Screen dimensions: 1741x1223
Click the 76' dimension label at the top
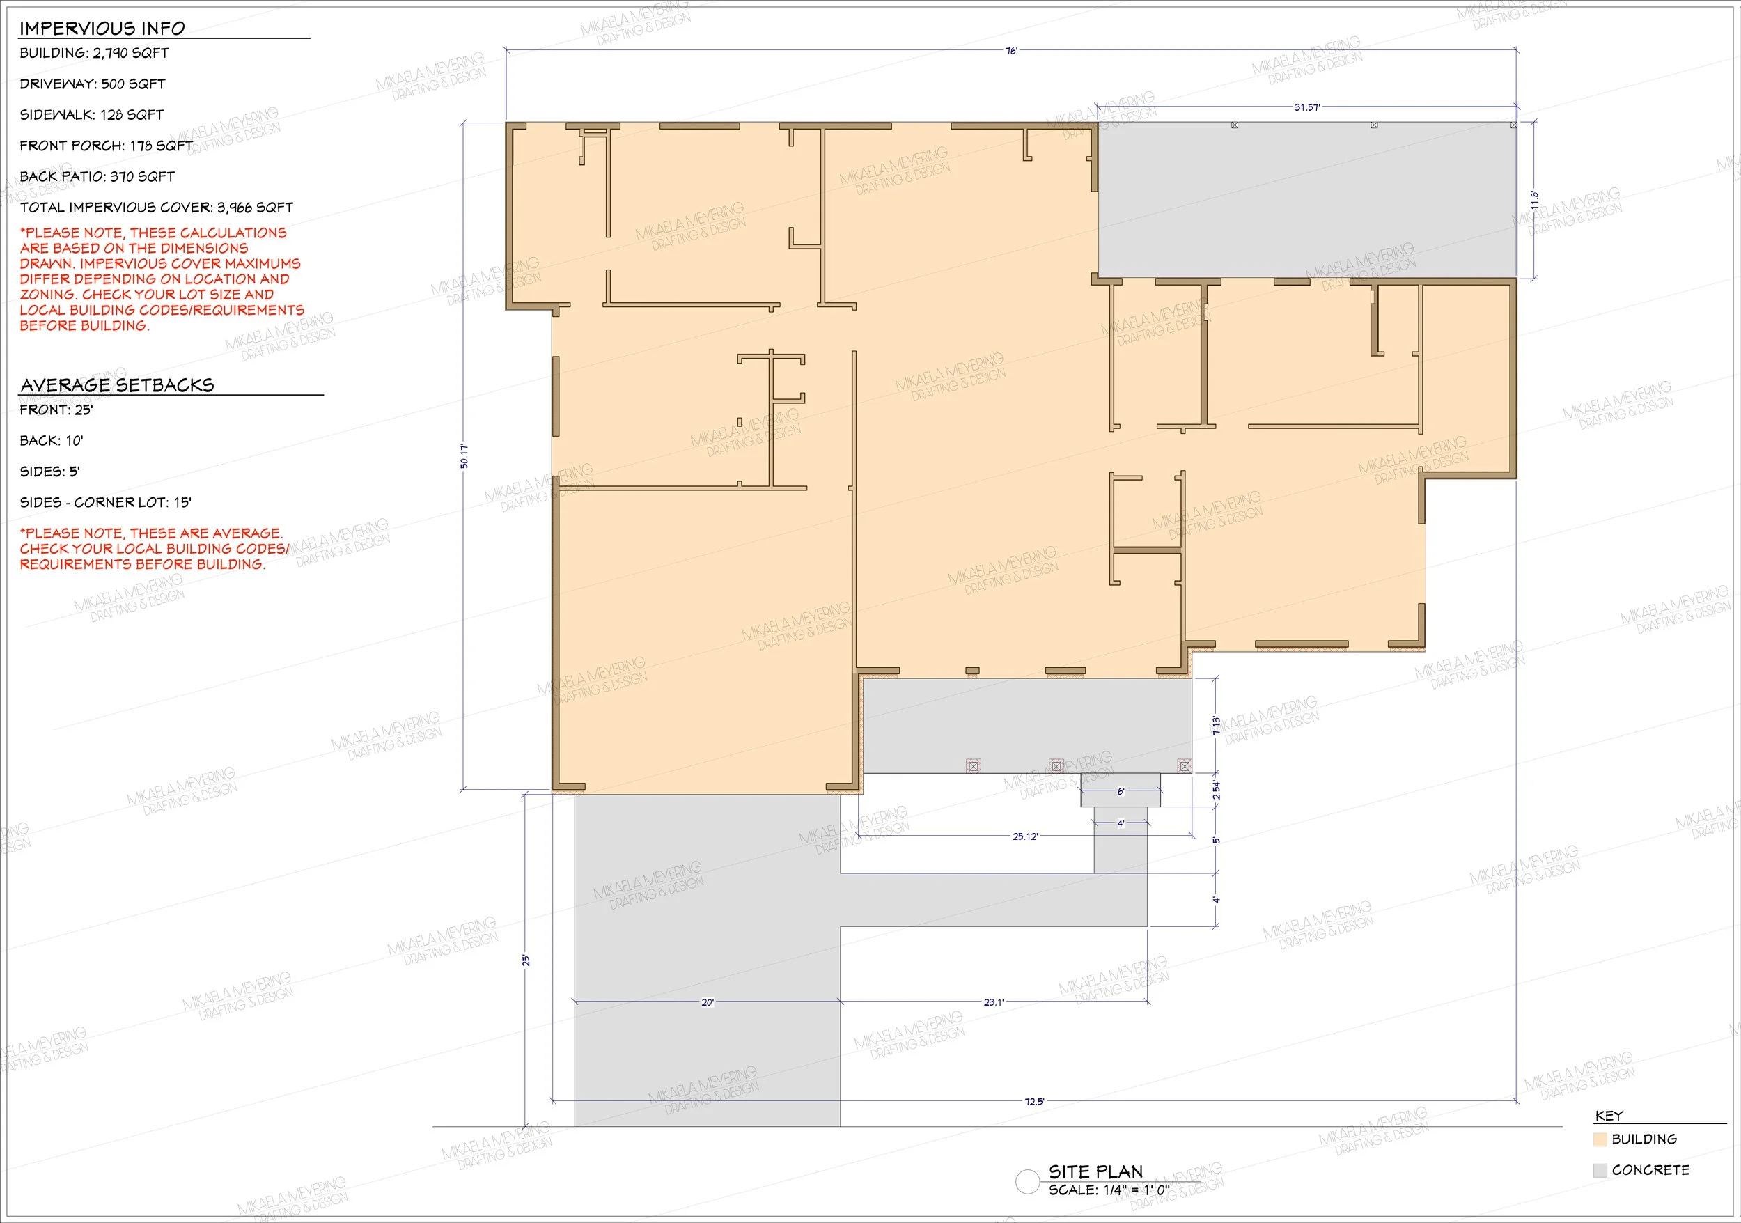click(1012, 51)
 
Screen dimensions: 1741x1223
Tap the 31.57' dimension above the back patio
click(1306, 108)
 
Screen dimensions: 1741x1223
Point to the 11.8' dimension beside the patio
click(1535, 200)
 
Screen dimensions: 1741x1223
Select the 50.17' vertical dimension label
click(464, 455)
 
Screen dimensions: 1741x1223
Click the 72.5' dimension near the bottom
click(1034, 1101)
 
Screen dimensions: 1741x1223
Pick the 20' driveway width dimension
click(708, 1002)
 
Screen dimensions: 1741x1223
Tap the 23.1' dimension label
click(993, 1002)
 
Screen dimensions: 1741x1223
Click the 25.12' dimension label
click(1025, 836)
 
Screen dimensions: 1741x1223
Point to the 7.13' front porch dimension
click(1217, 726)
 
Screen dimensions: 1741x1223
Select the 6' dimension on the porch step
click(1121, 792)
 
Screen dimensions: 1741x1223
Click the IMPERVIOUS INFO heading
click(102, 29)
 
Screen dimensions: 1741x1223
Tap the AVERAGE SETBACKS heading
click(118, 385)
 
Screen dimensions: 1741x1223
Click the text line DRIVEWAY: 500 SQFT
click(93, 84)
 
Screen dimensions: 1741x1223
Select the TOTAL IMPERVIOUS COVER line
click(156, 208)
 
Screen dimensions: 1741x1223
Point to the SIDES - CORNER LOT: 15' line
click(105, 503)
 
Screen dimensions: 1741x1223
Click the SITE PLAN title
click(1095, 1171)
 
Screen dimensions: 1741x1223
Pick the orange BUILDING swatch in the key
click(1601, 1139)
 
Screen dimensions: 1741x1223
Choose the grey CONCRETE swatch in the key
click(1601, 1170)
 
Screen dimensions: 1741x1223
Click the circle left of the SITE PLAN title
click(1027, 1181)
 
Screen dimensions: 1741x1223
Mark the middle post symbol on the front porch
click(1056, 766)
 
